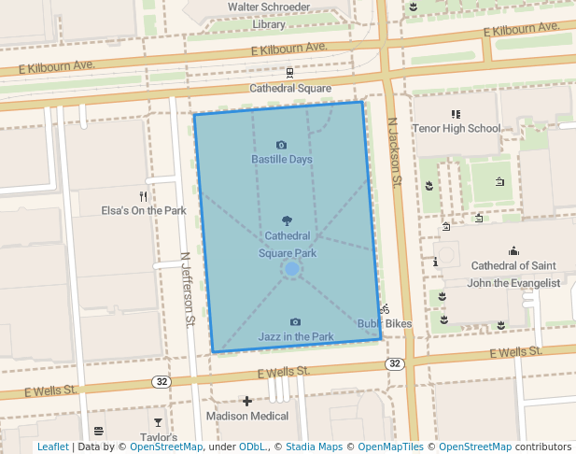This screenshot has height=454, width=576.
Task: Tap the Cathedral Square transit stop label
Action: coord(290,89)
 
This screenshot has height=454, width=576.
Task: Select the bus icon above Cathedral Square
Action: coord(290,72)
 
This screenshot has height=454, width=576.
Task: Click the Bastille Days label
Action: coord(282,160)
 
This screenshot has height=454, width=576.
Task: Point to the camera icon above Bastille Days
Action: coord(282,145)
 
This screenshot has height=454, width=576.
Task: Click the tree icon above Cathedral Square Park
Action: coord(287,221)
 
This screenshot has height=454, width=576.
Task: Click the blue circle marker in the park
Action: coord(291,269)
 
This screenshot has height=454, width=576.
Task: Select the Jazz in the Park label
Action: coord(296,336)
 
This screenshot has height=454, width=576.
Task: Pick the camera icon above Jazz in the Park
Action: coord(296,321)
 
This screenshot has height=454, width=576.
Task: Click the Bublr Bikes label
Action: coord(385,324)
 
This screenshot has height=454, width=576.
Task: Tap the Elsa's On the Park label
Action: coord(144,211)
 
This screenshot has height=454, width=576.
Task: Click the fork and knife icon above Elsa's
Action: coord(143,196)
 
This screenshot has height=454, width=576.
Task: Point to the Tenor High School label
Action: coord(457,129)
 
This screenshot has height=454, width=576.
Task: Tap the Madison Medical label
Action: coord(246,416)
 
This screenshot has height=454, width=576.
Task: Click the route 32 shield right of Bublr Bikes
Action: coord(396,363)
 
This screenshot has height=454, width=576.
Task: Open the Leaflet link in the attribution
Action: coord(52,447)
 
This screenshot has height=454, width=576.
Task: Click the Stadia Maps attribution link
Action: coord(314,447)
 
